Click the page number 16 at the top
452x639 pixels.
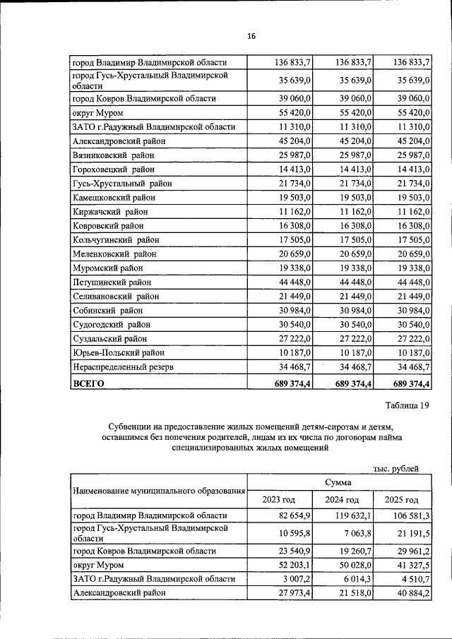pyautogui.click(x=251, y=36)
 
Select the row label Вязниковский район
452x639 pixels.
pyautogui.click(x=114, y=155)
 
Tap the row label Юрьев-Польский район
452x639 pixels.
pyautogui.click(x=119, y=353)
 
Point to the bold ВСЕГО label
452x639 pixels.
pyautogui.click(x=88, y=383)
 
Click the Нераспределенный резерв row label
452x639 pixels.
pyautogui.click(x=123, y=367)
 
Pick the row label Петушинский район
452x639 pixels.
pyautogui.click(x=111, y=282)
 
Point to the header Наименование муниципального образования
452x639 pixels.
pyautogui.click(x=159, y=491)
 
